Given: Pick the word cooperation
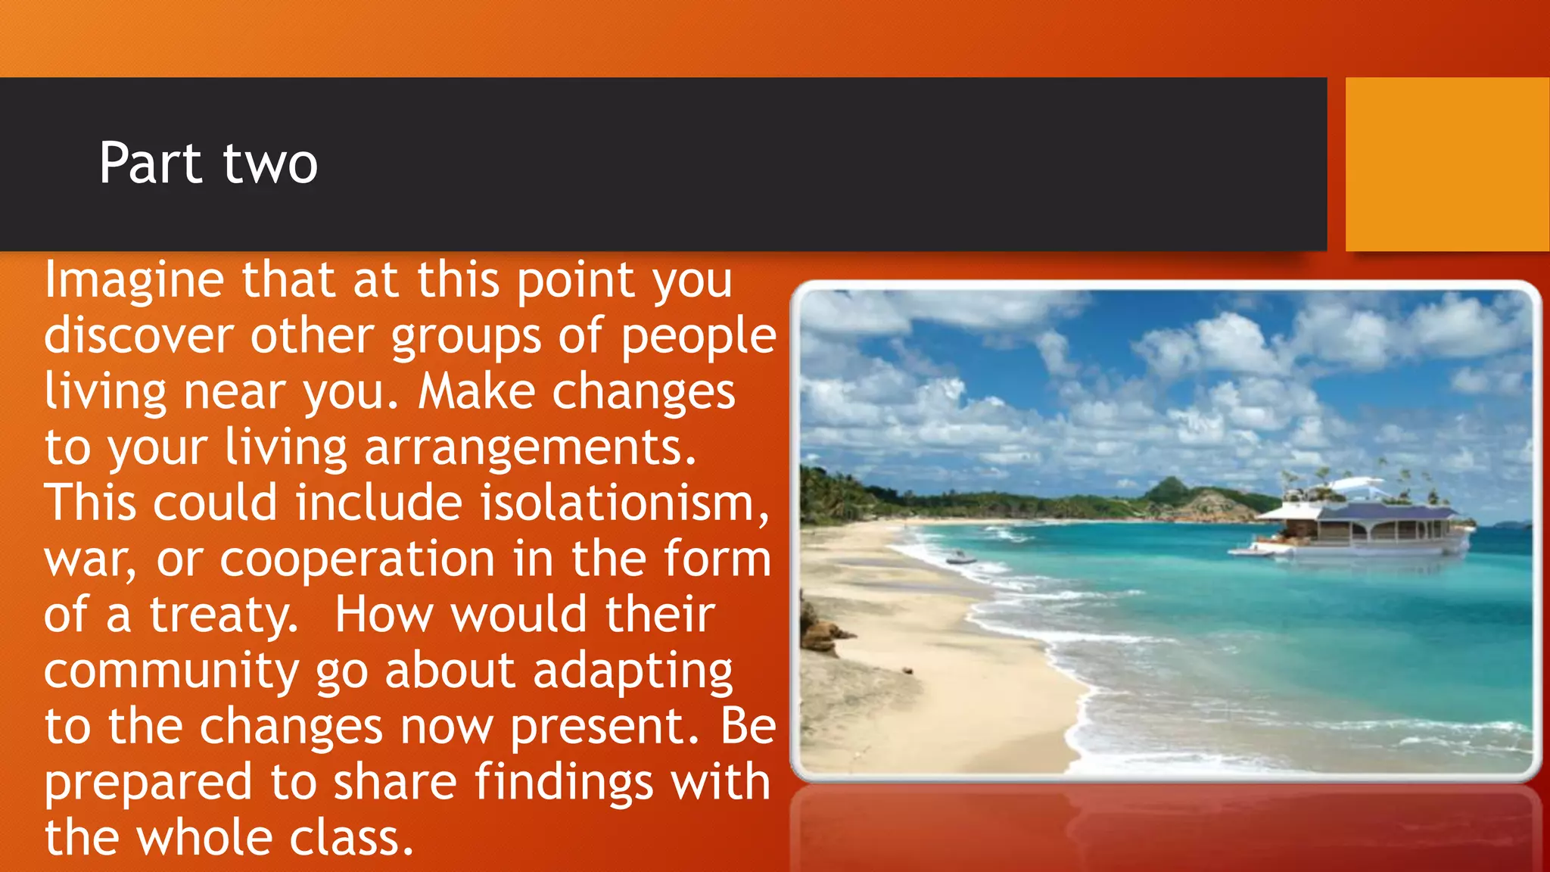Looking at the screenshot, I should click(x=357, y=559).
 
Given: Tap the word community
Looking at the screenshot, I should click(x=171, y=672).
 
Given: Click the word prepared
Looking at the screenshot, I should click(x=148, y=783).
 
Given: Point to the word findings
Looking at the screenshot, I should click(x=564, y=782).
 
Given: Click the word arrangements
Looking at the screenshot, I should click(x=530, y=448).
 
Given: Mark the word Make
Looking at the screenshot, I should click(x=477, y=392).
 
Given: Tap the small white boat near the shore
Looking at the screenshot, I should click(x=960, y=559).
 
